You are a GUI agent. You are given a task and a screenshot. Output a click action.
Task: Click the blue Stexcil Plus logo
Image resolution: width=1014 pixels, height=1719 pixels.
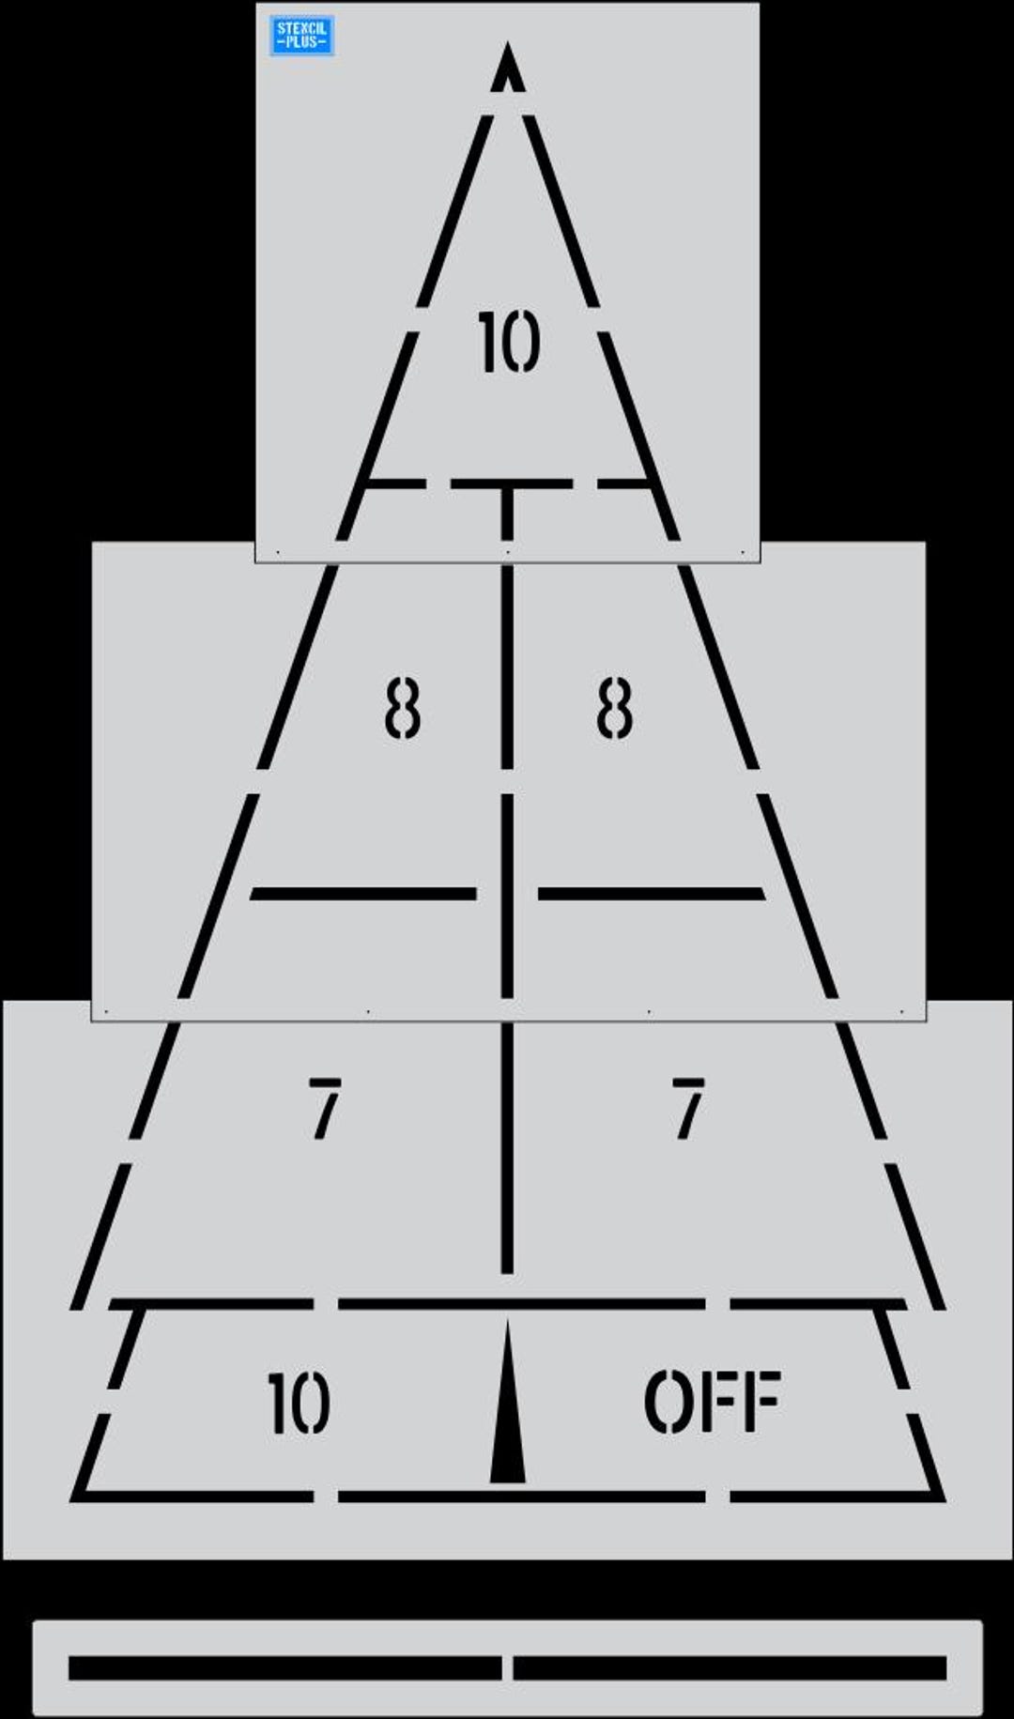(302, 36)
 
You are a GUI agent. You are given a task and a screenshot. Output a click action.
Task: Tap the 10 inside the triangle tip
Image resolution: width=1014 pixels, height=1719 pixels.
(509, 342)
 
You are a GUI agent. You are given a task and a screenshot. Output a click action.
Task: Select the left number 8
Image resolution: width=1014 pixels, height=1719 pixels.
(403, 708)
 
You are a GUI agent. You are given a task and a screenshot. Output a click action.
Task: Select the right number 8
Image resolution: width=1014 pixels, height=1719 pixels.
(615, 708)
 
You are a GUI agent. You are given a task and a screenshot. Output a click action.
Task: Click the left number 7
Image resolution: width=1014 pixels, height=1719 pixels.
(325, 1109)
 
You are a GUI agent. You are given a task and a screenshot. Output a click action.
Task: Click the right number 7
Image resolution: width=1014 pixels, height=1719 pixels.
(688, 1109)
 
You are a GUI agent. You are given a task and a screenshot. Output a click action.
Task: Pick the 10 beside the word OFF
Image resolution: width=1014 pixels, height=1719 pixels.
(299, 1403)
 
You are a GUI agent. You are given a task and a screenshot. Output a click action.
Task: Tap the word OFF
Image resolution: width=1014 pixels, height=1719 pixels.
(713, 1401)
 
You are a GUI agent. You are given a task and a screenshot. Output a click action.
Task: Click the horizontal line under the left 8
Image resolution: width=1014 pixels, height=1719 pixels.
(363, 894)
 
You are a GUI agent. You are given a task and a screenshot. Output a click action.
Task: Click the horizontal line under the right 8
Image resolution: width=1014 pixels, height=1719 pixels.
(652, 894)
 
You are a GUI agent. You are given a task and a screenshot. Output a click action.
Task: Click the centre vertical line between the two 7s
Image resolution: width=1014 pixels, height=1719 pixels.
(507, 1147)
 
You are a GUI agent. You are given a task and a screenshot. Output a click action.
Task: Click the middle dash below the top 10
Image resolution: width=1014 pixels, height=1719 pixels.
(511, 483)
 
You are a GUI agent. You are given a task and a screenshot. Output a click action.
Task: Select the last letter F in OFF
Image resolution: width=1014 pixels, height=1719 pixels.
(761, 1401)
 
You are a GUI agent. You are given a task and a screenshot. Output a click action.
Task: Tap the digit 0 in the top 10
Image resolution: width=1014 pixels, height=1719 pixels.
(522, 342)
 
